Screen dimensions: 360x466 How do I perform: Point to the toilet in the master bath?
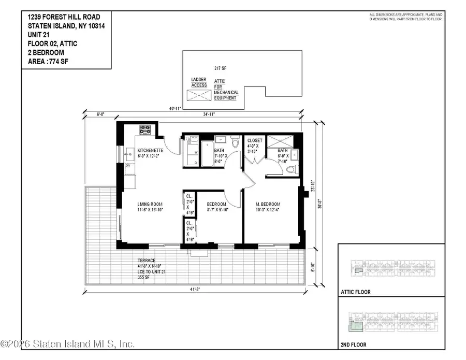pos(290,170)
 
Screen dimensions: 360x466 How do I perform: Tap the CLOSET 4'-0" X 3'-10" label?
pos(254,146)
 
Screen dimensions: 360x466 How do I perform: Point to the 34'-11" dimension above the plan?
pos(210,114)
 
